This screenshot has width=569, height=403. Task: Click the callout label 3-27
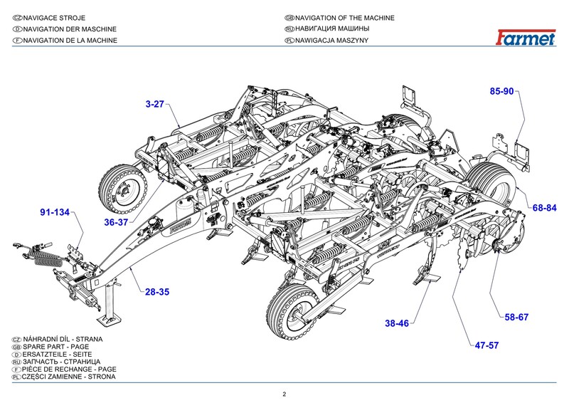coord(154,104)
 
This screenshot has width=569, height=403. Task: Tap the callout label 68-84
coord(543,208)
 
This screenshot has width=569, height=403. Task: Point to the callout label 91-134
coord(55,212)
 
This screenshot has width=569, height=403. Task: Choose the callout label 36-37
coord(116,222)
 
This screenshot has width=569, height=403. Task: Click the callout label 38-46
coord(397,323)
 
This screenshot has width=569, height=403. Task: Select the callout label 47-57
coord(487,346)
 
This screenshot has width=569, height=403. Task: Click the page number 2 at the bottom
coord(284,394)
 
